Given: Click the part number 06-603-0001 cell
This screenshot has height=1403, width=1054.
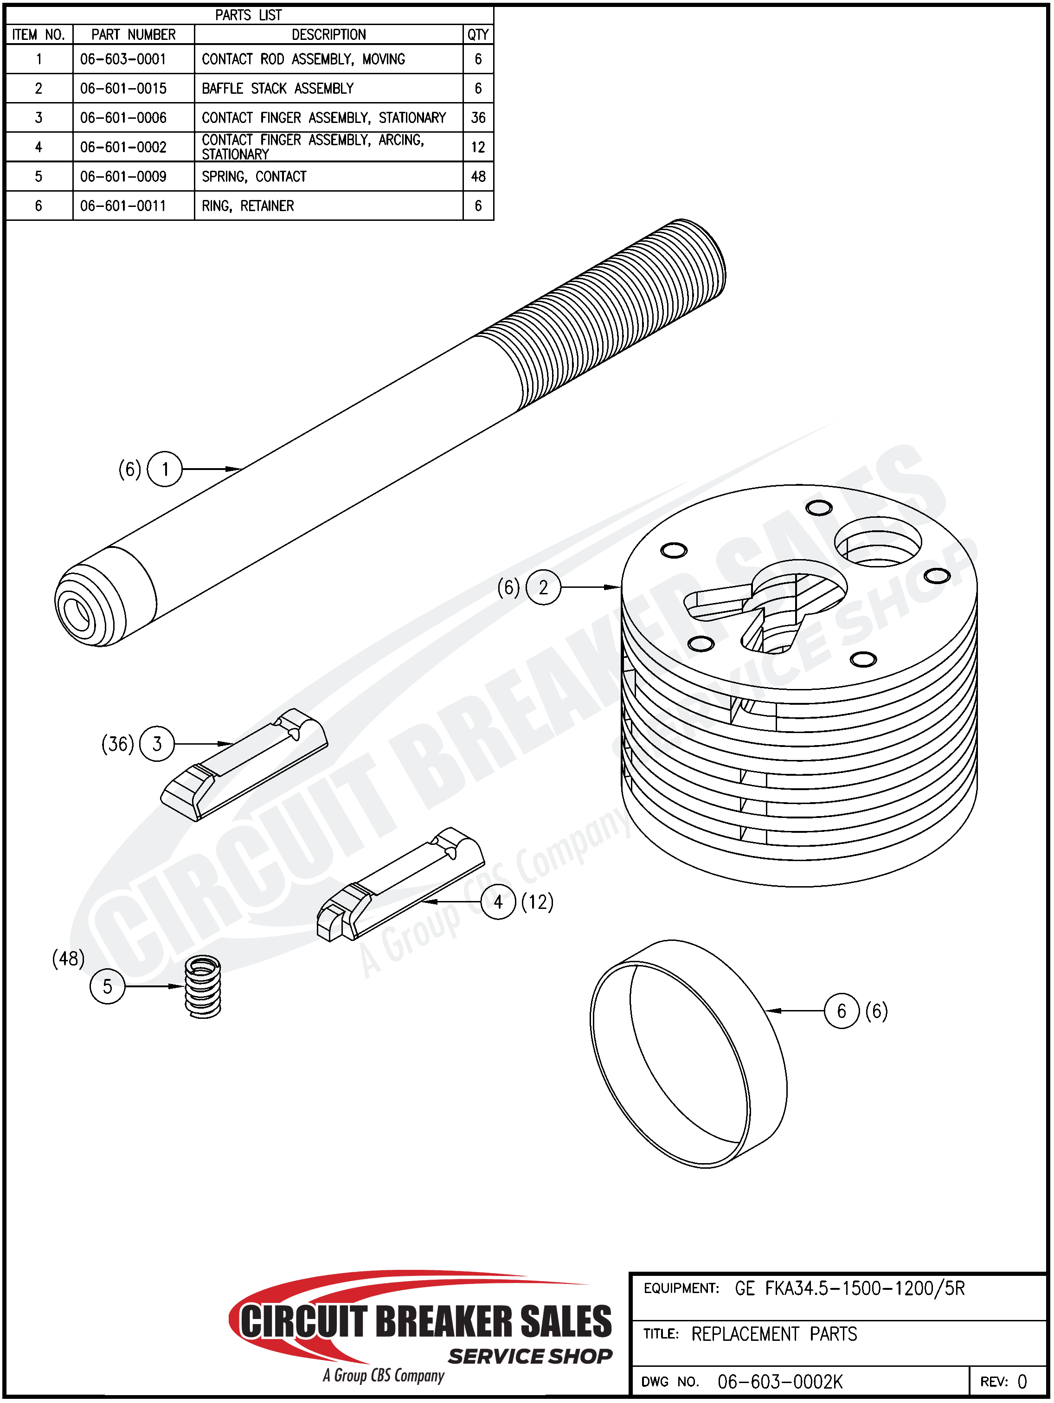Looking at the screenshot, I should (123, 59).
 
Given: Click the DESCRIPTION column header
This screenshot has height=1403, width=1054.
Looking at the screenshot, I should (328, 34).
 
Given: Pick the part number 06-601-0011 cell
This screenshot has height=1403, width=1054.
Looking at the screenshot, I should (123, 206).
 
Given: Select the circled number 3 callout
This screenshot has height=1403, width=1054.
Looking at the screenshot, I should (157, 743).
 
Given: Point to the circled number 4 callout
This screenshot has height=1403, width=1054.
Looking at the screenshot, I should (498, 902).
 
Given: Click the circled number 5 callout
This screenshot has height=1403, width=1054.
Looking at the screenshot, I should (107, 986).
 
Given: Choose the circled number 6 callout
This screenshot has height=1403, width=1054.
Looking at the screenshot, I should (842, 1011).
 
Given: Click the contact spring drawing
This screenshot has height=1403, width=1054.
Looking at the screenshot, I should (203, 987).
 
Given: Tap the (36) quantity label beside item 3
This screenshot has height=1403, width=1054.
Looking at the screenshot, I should (118, 743).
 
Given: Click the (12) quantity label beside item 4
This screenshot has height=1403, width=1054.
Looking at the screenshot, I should (537, 902).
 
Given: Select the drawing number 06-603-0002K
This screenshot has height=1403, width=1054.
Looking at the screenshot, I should (780, 1382).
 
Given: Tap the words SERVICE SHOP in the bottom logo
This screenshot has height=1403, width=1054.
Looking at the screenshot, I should (530, 1356).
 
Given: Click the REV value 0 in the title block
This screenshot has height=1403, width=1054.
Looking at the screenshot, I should (1022, 1382).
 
